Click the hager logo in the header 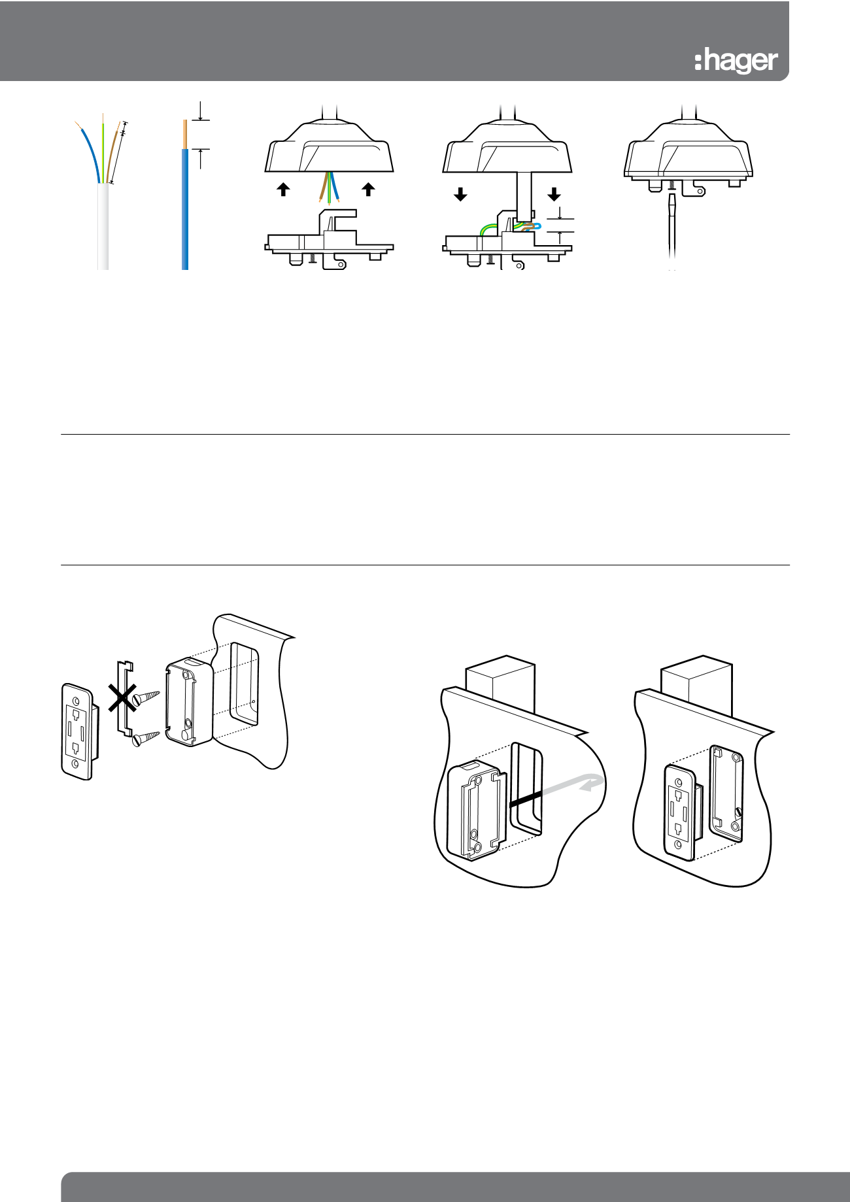(736, 61)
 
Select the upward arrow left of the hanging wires (283, 190)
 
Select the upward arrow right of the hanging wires (369, 190)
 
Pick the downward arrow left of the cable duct (460, 194)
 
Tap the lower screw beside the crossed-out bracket (146, 738)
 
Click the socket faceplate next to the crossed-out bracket (78, 731)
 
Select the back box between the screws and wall (190, 702)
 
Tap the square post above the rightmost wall (696, 686)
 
